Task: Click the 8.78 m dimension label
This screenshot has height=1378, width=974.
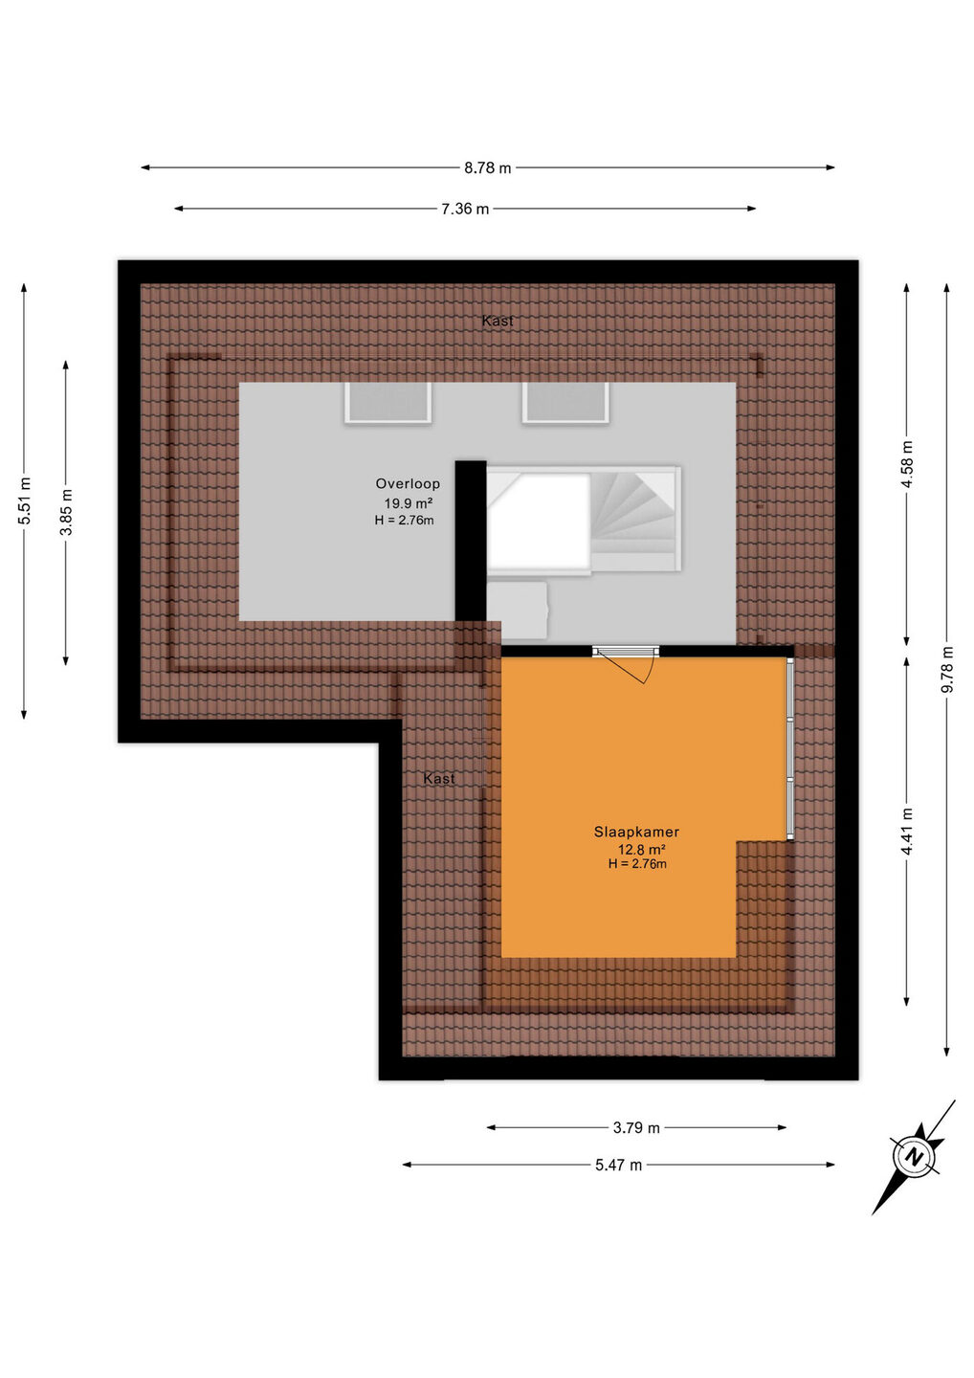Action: pos(487,168)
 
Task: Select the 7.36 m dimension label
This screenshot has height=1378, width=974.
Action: pos(465,210)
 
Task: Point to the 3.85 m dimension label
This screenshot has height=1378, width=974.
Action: pos(66,512)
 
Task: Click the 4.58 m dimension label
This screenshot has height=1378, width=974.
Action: pos(906,463)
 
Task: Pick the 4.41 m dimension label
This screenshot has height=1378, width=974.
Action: pos(906,831)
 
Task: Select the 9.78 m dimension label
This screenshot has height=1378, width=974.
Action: pos(947,669)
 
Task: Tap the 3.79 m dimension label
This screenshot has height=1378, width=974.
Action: pos(636,1127)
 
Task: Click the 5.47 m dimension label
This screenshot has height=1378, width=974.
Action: pos(618,1165)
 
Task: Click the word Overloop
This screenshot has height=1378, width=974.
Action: pos(408,483)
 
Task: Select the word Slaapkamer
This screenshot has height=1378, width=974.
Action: pos(636,832)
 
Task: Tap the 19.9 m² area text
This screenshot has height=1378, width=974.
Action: pos(409,502)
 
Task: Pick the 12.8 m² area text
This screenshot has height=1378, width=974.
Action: pos(642,850)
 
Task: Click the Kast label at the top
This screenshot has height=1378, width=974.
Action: pos(498,321)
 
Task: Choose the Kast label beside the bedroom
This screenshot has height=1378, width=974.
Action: pos(439,778)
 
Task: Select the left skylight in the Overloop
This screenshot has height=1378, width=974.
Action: pos(387,402)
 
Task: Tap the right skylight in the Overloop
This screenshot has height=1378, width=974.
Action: pos(565,402)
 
